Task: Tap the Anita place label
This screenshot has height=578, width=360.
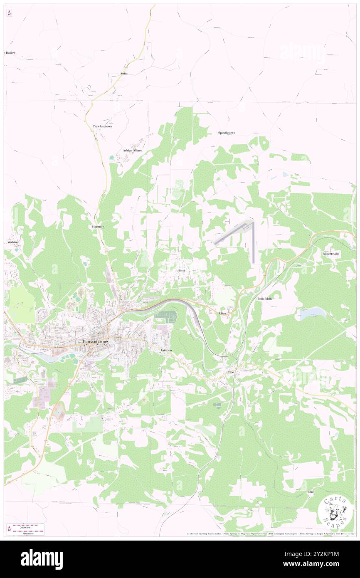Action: (124, 74)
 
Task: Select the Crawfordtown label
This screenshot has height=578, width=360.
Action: (102, 126)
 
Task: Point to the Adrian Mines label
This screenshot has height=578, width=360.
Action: (132, 151)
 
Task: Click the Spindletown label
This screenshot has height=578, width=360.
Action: (227, 133)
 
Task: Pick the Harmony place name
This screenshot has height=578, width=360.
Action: (98, 227)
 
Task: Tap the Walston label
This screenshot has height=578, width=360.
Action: (13, 242)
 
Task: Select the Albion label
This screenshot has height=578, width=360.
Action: (180, 271)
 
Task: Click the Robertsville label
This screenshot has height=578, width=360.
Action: (331, 254)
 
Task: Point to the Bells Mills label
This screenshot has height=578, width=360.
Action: (264, 299)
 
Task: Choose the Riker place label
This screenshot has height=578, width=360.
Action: (222, 313)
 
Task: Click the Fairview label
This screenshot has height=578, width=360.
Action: (166, 351)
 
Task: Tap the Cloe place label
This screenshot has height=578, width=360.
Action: (231, 371)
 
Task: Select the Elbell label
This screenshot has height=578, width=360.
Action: (311, 492)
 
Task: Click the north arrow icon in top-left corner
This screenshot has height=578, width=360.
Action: (9, 13)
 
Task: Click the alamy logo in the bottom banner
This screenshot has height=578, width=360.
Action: (42, 559)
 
